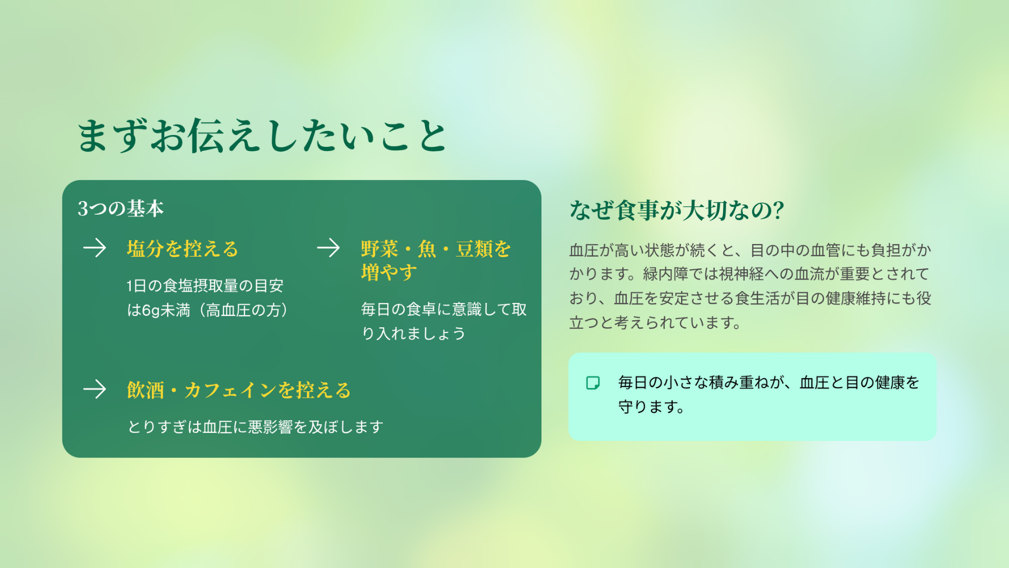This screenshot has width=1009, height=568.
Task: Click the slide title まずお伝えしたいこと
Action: [262, 136]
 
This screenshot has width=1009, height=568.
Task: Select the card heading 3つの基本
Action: [121, 209]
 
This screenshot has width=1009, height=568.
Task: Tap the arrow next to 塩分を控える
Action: [95, 248]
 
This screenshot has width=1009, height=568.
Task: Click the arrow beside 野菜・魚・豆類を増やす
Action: [328, 248]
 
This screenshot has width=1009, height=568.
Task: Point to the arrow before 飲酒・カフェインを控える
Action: [95, 389]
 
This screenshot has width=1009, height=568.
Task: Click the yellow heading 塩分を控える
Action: [182, 249]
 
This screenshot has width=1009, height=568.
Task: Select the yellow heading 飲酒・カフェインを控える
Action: [239, 390]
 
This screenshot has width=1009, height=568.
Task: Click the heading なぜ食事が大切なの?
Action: [677, 210]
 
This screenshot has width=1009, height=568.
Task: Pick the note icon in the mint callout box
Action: [593, 383]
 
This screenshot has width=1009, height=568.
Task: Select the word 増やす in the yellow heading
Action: [389, 272]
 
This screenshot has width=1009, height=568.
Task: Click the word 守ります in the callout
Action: [648, 407]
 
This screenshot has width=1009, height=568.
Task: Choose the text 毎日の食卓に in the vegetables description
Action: [406, 309]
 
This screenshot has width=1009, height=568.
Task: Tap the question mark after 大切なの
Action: [779, 210]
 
